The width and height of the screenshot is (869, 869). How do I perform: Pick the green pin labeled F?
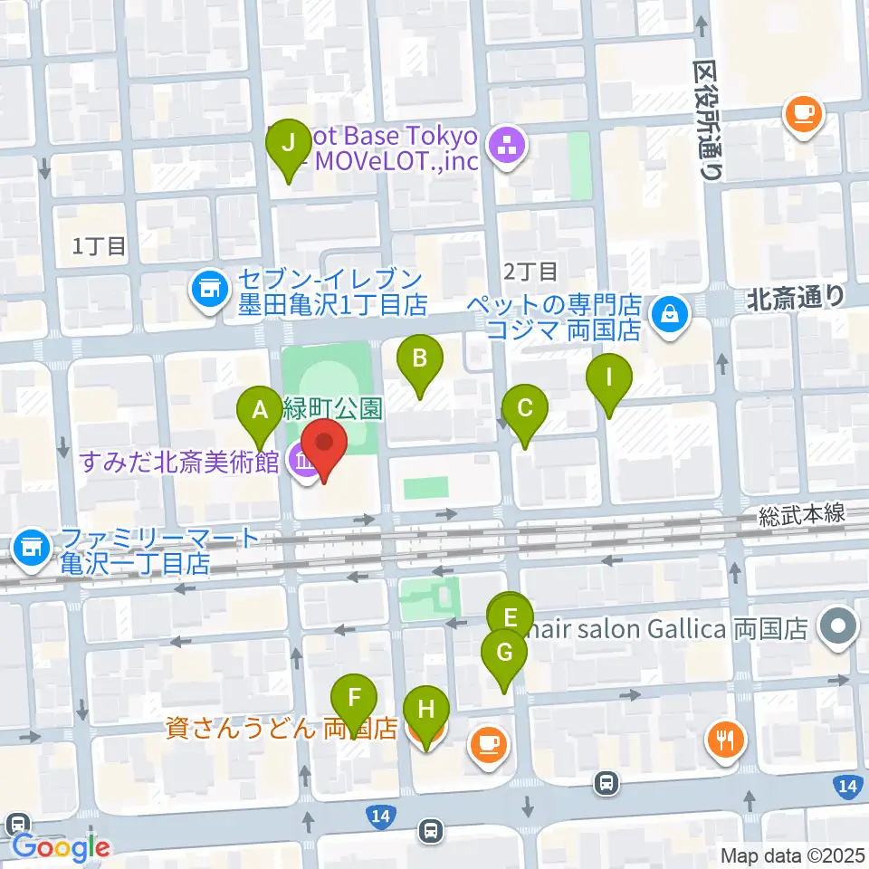point(354,700)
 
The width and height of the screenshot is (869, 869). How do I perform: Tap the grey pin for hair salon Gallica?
point(838,628)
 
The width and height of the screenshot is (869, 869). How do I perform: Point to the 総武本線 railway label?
point(801,514)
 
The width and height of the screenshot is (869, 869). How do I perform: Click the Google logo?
point(60,847)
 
